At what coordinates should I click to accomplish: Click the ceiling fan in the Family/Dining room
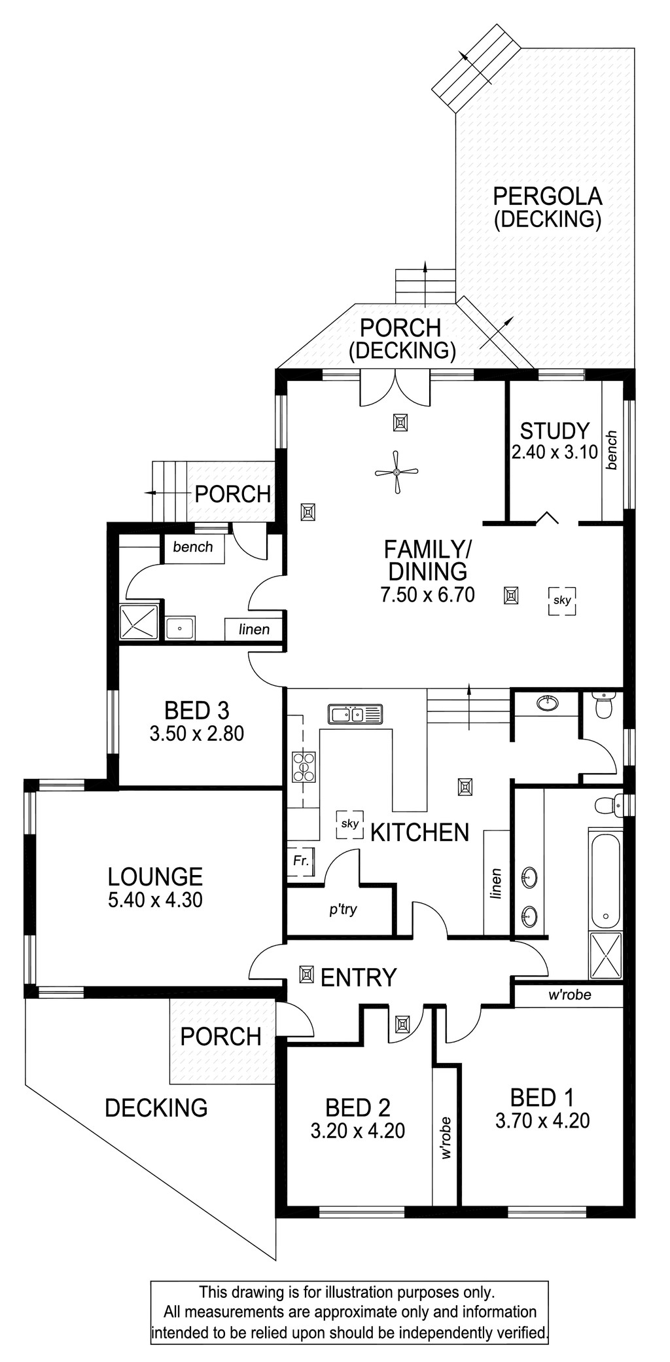[397, 472]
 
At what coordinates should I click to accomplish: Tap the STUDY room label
[555, 431]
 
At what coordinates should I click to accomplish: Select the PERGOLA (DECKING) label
[548, 207]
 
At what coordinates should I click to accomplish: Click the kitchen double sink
[355, 714]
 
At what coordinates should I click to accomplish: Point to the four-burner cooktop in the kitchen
[304, 766]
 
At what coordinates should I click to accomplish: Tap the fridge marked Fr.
[301, 861]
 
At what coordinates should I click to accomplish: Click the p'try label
[343, 909]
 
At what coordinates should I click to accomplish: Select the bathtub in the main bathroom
[605, 879]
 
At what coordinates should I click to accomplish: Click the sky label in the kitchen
[350, 823]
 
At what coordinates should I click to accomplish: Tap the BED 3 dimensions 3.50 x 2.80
[197, 733]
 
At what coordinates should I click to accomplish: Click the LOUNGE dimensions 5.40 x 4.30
[156, 900]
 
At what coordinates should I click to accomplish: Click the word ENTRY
[359, 977]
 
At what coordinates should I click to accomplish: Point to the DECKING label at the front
[156, 1107]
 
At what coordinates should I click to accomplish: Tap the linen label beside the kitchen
[497, 884]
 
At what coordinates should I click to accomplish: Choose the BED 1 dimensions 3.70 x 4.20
[543, 1120]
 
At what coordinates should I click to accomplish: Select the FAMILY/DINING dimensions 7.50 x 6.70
[427, 594]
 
